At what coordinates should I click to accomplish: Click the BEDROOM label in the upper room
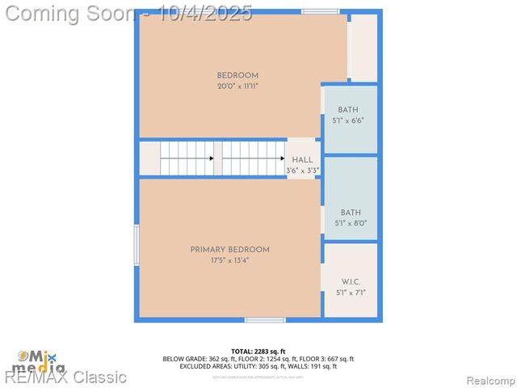[x=237, y=75]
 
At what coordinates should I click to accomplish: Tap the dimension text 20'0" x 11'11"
[x=237, y=86]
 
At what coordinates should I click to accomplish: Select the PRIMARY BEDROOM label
[x=230, y=250]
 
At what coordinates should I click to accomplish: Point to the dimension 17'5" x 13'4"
[x=230, y=260]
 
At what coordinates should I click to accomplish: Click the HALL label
[x=303, y=160]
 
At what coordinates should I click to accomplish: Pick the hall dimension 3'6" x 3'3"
[x=303, y=171]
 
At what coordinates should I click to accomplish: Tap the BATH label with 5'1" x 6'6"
[x=348, y=110]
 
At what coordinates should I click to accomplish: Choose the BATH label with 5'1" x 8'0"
[x=351, y=213]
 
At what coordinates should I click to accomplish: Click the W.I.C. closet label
[x=351, y=282]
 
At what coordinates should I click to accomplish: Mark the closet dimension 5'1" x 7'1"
[x=351, y=293]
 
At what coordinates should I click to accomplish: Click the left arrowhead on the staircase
[x=212, y=158]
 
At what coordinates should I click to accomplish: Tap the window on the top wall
[x=320, y=11]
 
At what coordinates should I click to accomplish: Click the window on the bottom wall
[x=265, y=320]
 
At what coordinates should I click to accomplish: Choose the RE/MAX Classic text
[x=65, y=377]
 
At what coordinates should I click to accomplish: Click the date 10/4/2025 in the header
[x=206, y=13]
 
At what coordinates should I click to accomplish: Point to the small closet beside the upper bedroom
[x=363, y=47]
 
